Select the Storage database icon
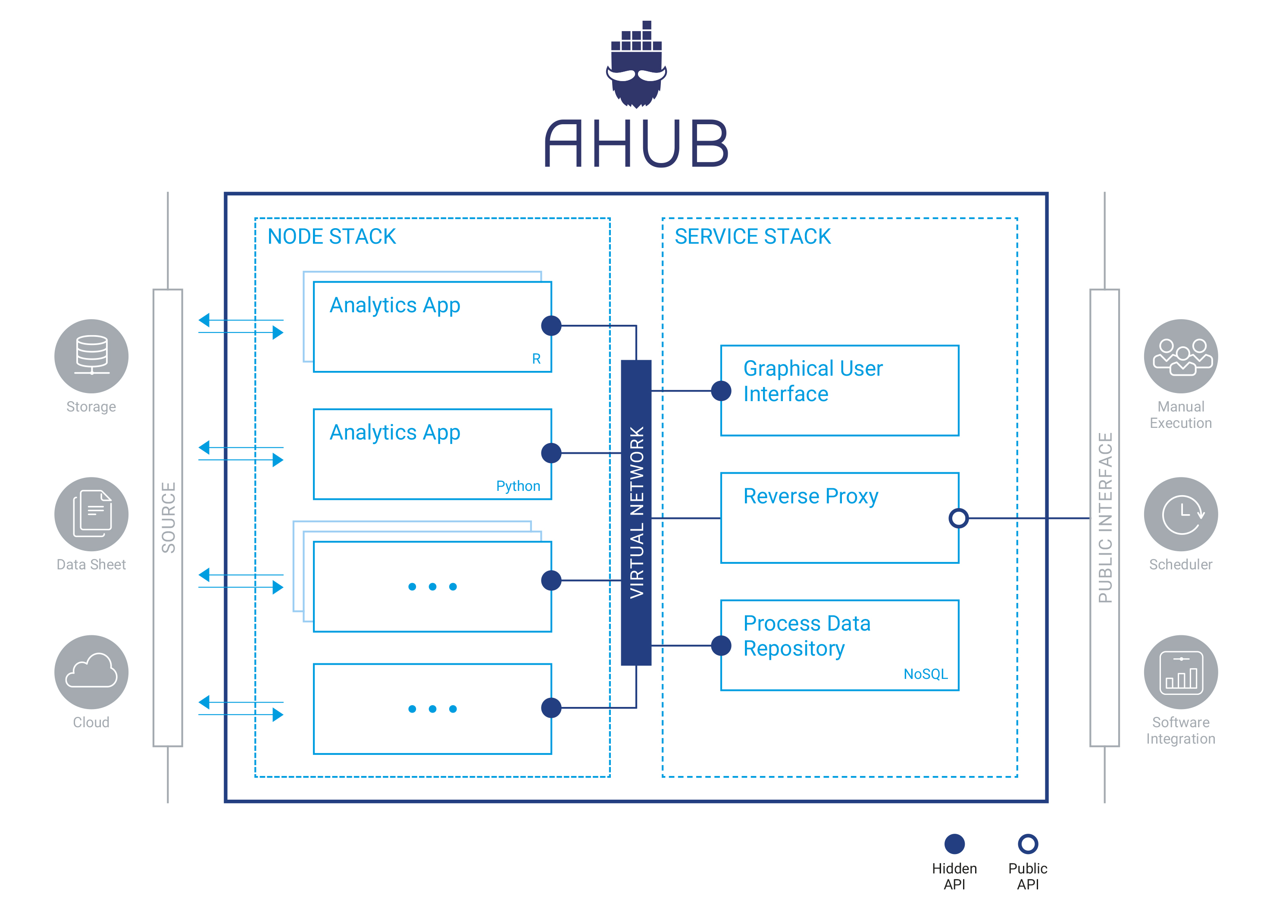(91, 355)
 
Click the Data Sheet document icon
(91, 514)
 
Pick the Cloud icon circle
(91, 672)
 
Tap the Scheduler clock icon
(1180, 514)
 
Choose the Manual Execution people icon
(1180, 355)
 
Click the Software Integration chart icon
(1180, 672)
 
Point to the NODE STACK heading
(331, 236)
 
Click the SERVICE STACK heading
(752, 236)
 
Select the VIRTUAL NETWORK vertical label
(636, 512)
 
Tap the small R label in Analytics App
(536, 359)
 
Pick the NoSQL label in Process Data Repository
(925, 674)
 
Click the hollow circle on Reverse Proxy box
(958, 518)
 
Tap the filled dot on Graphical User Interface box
(721, 390)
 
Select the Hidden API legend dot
(954, 843)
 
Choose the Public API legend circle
(1028, 843)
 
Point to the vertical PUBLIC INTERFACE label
(1104, 517)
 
